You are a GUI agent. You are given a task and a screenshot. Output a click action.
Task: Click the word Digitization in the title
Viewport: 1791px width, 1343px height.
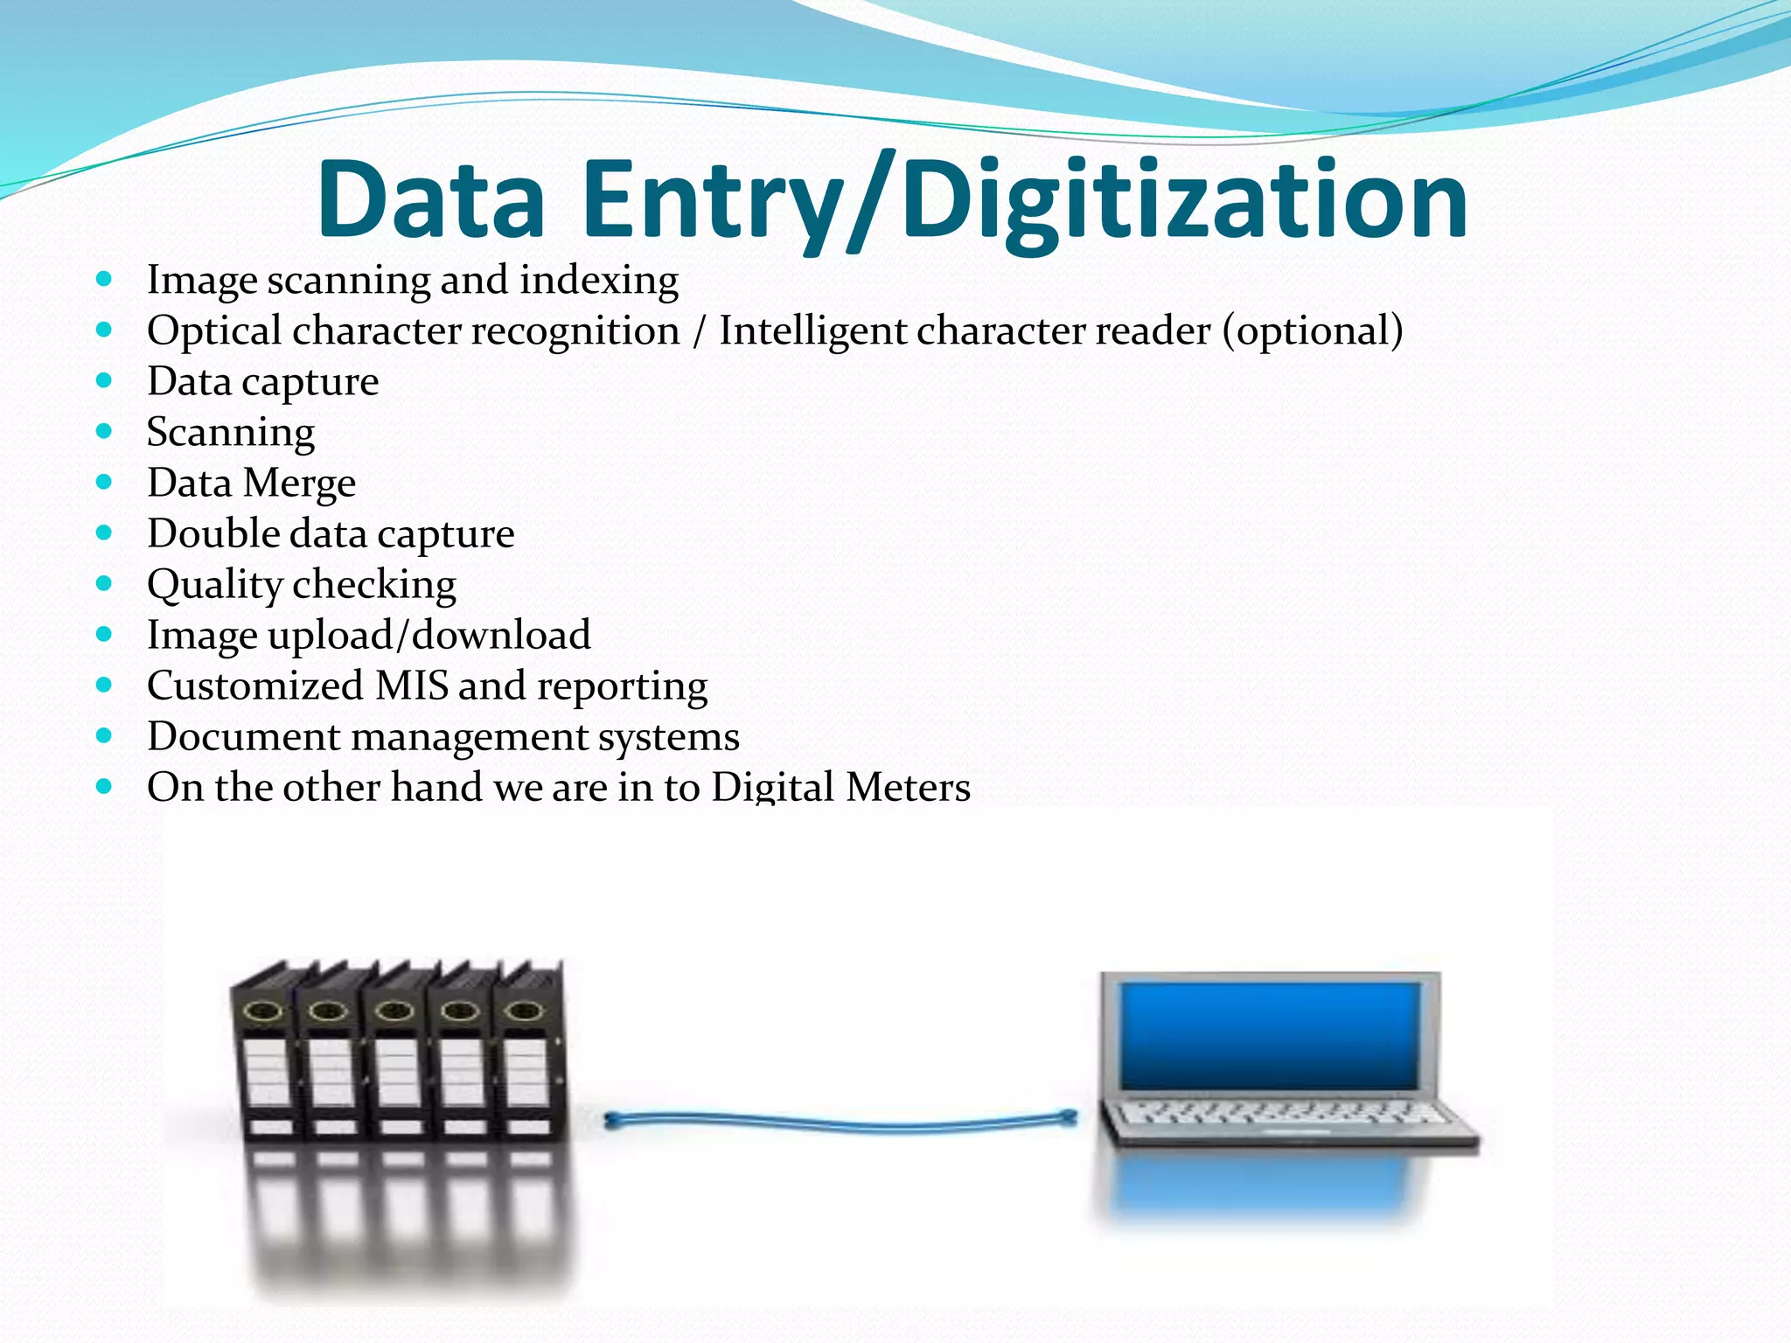1185,201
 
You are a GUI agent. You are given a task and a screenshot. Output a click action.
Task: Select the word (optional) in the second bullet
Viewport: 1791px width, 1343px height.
1313,331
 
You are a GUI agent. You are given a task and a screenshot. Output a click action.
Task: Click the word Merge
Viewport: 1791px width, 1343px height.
299,484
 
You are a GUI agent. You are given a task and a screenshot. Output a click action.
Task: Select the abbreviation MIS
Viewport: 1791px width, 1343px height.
411,685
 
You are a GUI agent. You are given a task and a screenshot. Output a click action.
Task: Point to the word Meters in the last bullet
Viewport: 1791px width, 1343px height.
908,787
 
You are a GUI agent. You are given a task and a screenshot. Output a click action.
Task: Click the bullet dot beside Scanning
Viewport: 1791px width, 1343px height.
105,431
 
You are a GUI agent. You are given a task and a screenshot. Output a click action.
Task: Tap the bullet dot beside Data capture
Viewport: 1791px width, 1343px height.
105,380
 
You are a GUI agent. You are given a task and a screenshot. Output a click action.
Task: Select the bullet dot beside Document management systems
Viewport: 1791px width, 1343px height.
105,736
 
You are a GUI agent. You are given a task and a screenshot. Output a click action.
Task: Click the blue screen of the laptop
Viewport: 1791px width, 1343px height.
1270,1035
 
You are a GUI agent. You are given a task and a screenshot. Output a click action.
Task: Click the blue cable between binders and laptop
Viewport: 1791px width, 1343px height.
840,1122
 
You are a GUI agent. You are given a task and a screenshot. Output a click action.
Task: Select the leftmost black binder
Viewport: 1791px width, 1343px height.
264,1058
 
